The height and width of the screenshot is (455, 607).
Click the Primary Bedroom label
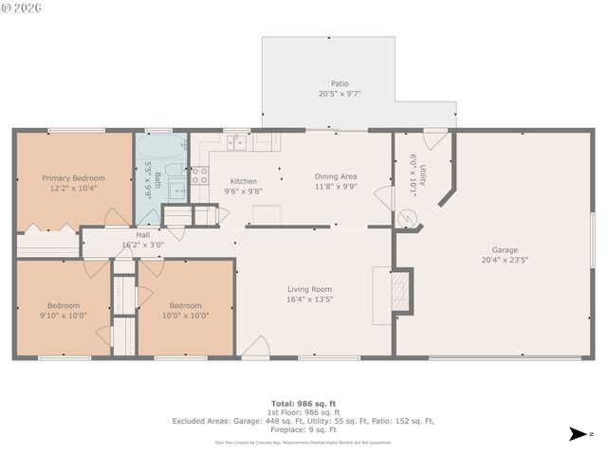point(73,177)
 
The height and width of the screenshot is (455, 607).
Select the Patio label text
point(340,83)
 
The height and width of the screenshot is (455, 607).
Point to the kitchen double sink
point(237,142)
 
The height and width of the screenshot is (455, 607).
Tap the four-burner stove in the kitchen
point(200,174)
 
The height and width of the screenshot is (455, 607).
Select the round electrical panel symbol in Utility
point(408,217)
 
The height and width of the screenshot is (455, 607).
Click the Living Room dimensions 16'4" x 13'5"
point(310,300)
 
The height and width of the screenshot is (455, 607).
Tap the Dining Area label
point(336,176)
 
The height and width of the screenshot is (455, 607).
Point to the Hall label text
point(142,234)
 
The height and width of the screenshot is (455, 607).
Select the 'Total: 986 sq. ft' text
point(303,403)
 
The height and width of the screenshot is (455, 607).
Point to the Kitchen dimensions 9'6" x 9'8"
point(243,191)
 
